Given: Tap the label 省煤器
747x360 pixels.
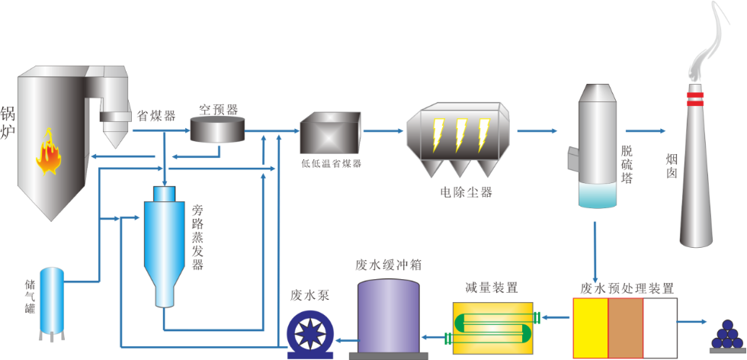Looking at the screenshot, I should pos(155,116).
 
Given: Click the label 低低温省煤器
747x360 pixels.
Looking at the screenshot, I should pos(331,164).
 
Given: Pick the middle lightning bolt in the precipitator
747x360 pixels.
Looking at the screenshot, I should pos(460,134).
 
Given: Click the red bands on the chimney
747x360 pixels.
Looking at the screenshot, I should pos(694,99).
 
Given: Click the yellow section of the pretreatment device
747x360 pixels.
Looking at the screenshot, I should pos(590,327).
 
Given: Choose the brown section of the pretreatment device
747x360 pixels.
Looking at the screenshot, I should pos(625,327).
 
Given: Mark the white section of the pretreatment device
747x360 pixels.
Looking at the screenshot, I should pos(660,327).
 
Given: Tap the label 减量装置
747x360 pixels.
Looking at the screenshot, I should pos(491,288).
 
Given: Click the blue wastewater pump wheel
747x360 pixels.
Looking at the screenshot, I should pos(312,336).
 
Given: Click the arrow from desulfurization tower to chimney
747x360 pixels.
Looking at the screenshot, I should pos(645,130).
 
